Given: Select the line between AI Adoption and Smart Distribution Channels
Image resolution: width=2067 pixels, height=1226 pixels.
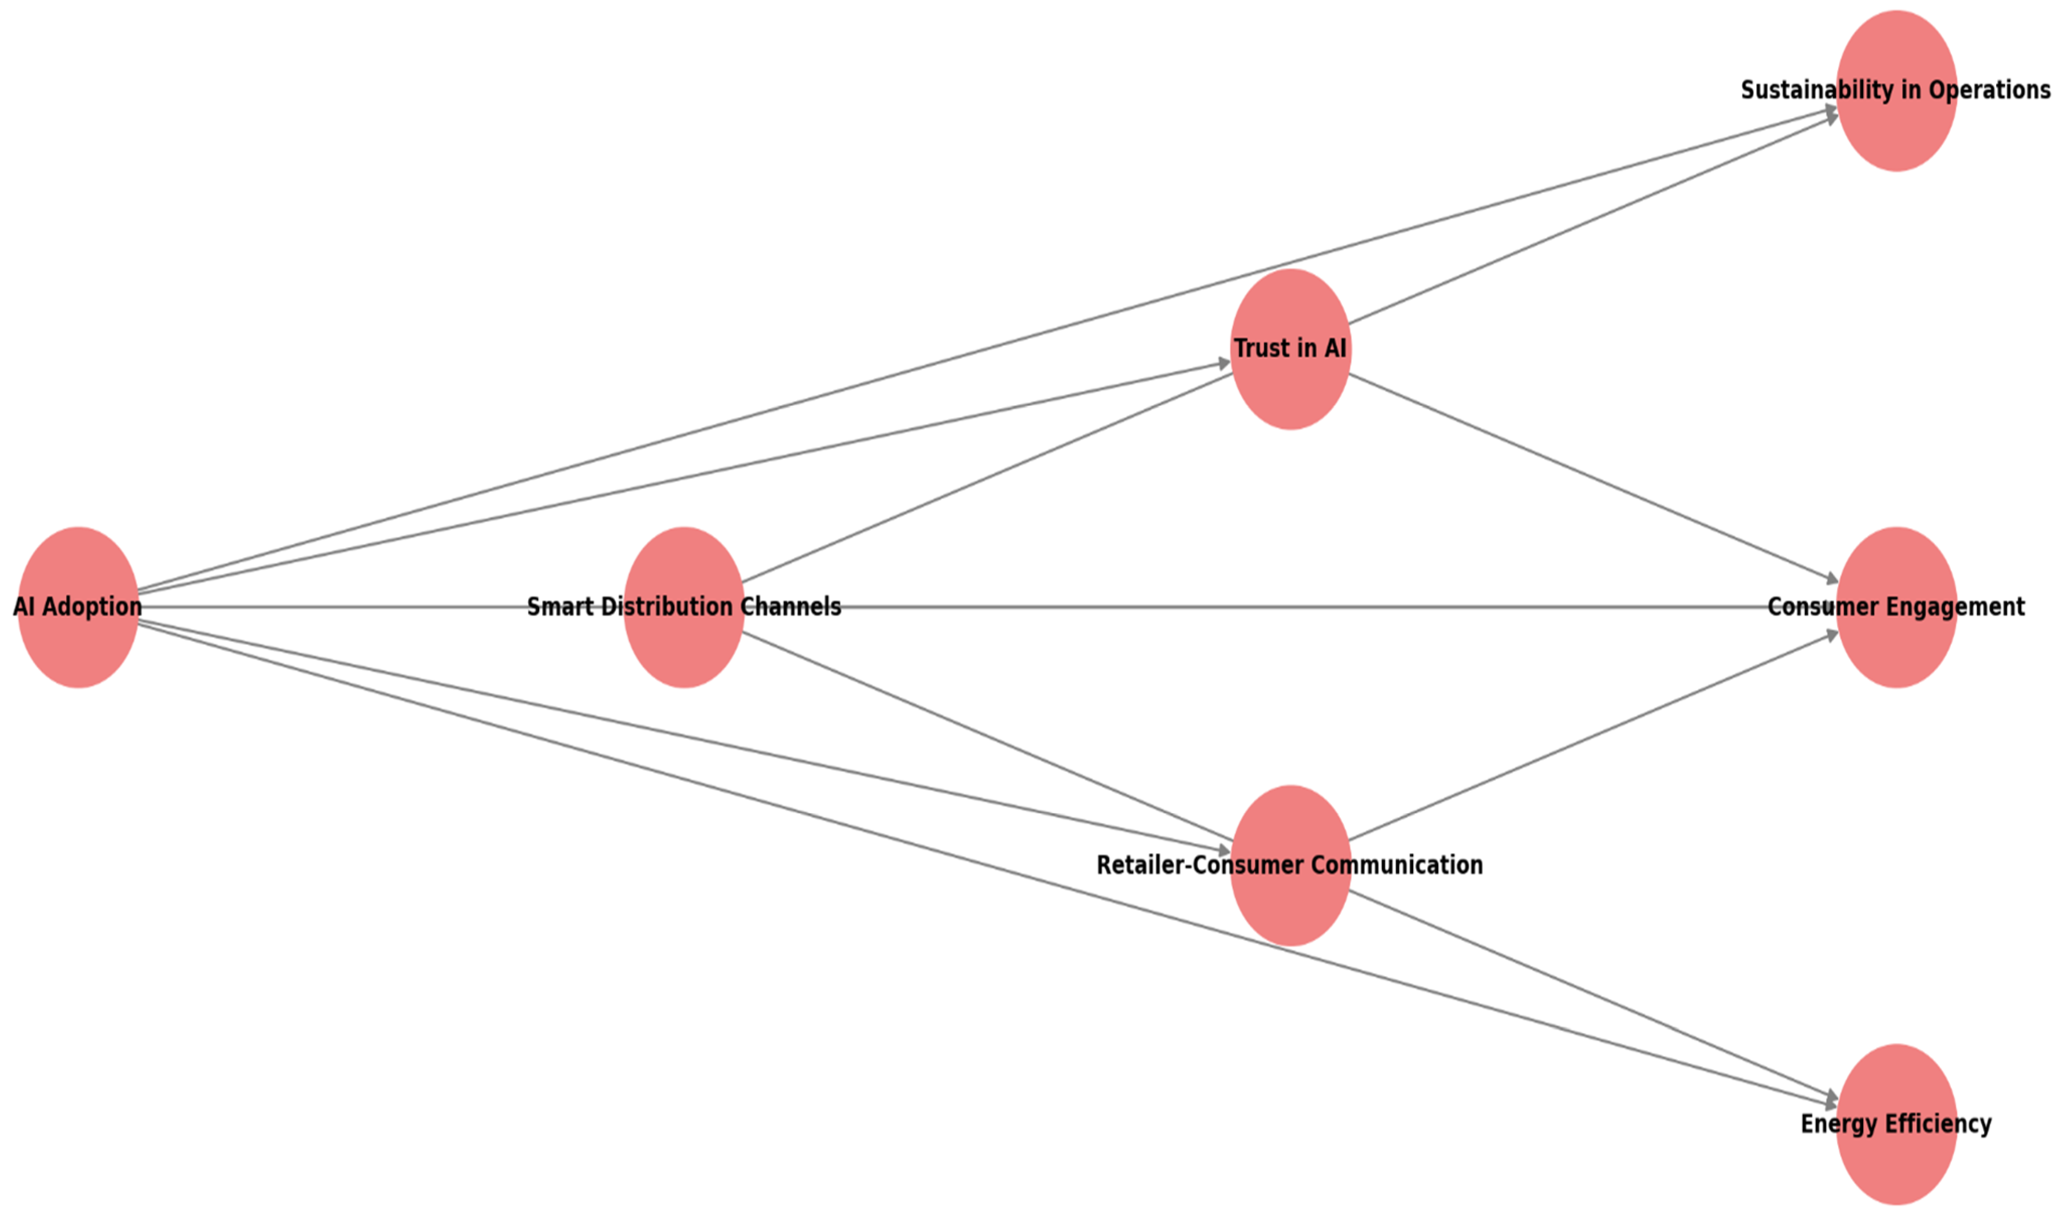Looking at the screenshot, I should point(330,607).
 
